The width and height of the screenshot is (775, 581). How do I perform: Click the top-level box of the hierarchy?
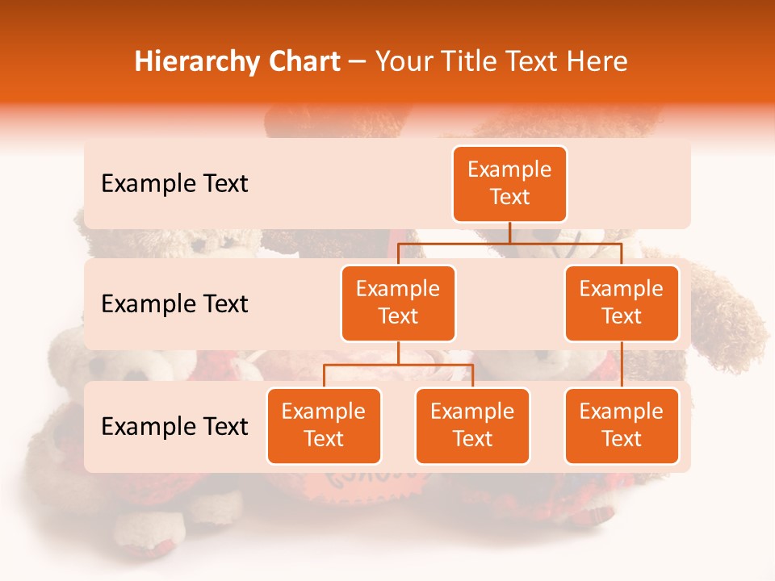point(509,184)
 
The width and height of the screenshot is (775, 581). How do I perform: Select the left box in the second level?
point(398,303)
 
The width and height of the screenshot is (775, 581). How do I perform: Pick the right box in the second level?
point(622,303)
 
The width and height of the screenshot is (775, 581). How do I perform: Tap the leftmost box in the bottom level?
point(324,426)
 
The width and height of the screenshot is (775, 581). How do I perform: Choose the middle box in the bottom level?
point(472,426)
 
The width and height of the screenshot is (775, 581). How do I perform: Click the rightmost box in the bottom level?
point(622,426)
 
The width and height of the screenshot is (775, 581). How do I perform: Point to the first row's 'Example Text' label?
point(174,184)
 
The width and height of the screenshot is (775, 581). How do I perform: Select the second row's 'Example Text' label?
point(174,304)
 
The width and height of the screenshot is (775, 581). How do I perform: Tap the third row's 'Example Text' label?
point(174,427)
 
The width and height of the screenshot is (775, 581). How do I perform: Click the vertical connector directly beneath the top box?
point(509,232)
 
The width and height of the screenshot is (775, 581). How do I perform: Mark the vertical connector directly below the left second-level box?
point(398,353)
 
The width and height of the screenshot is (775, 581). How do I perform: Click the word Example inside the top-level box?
point(509,169)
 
